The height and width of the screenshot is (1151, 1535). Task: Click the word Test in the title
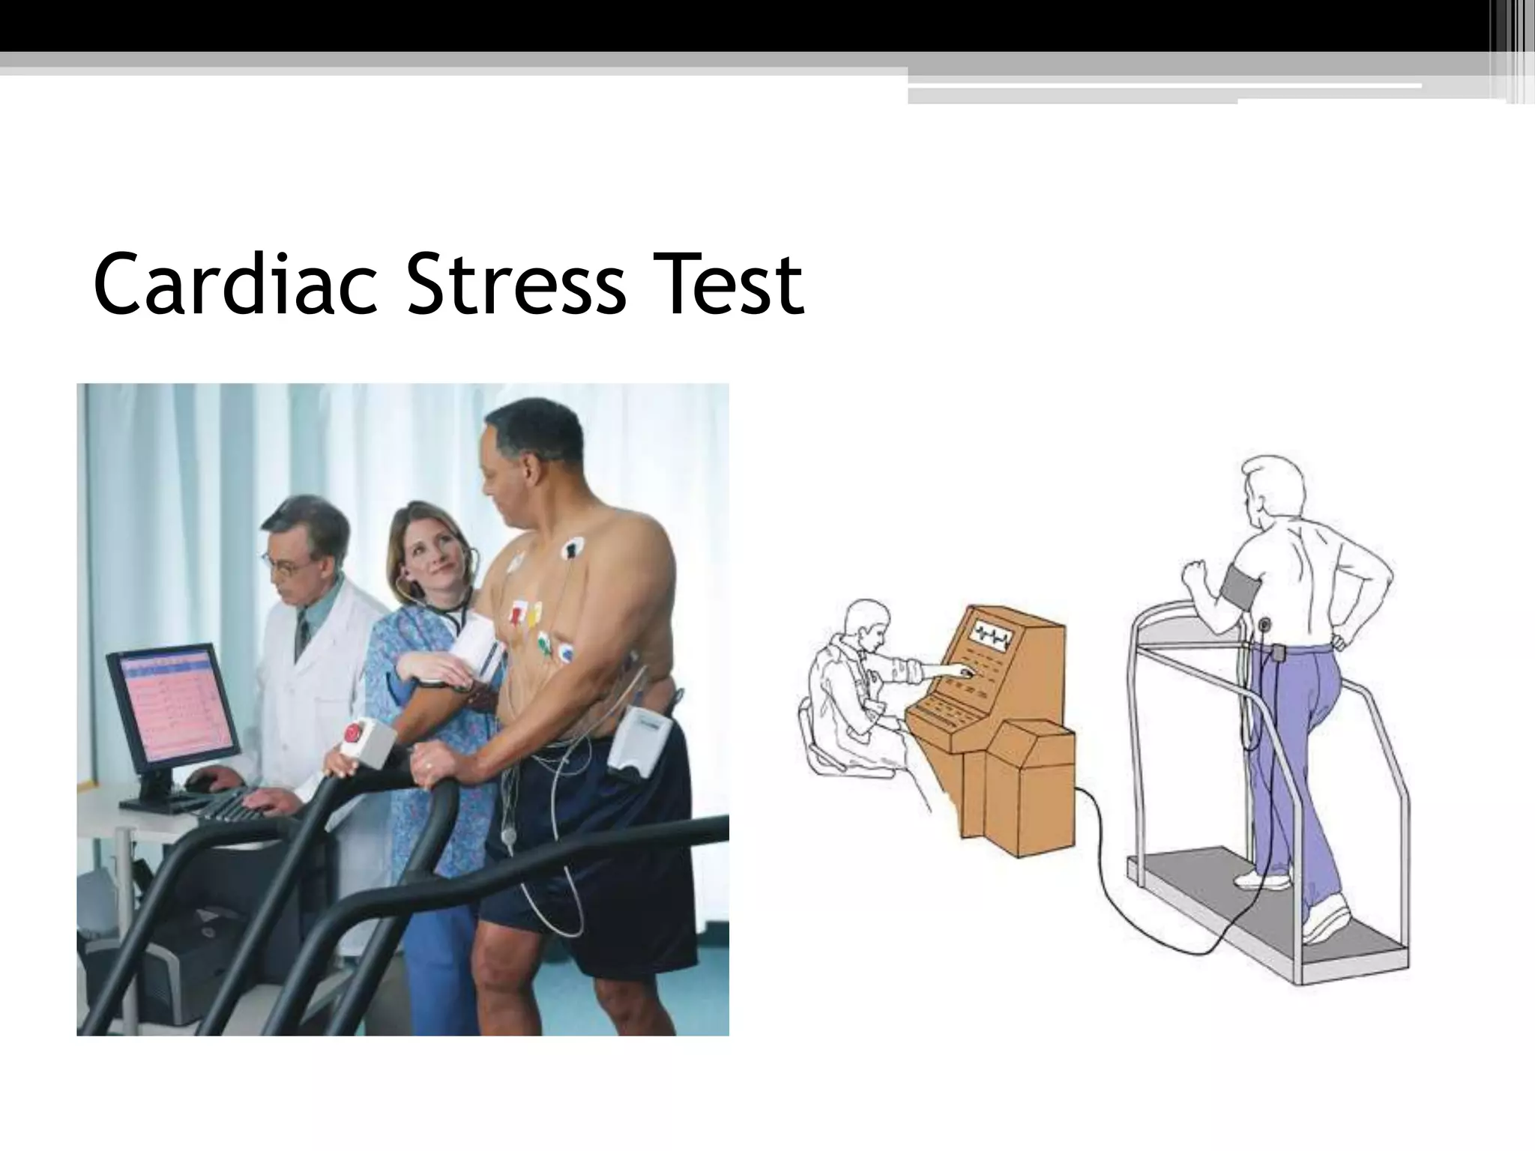pos(726,285)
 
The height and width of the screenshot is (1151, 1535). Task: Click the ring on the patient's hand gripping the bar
pos(427,766)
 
